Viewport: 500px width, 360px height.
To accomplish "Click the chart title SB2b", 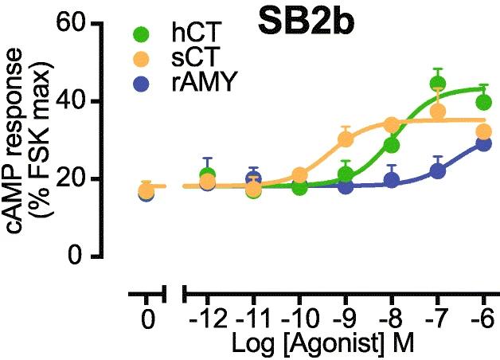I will coord(306,23).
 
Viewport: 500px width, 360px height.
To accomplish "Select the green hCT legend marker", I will coord(141,34).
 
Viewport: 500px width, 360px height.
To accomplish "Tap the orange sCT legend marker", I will coord(141,58).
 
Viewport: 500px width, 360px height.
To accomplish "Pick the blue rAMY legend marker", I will coord(141,81).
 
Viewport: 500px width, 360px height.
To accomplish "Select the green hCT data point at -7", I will coord(438,84).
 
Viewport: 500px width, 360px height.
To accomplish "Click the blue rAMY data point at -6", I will coord(483,143).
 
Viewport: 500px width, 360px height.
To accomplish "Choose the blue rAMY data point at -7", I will coord(437,170).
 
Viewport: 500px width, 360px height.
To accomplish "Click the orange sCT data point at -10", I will coord(299,175).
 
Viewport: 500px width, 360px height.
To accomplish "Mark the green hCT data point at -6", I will coord(483,102).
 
